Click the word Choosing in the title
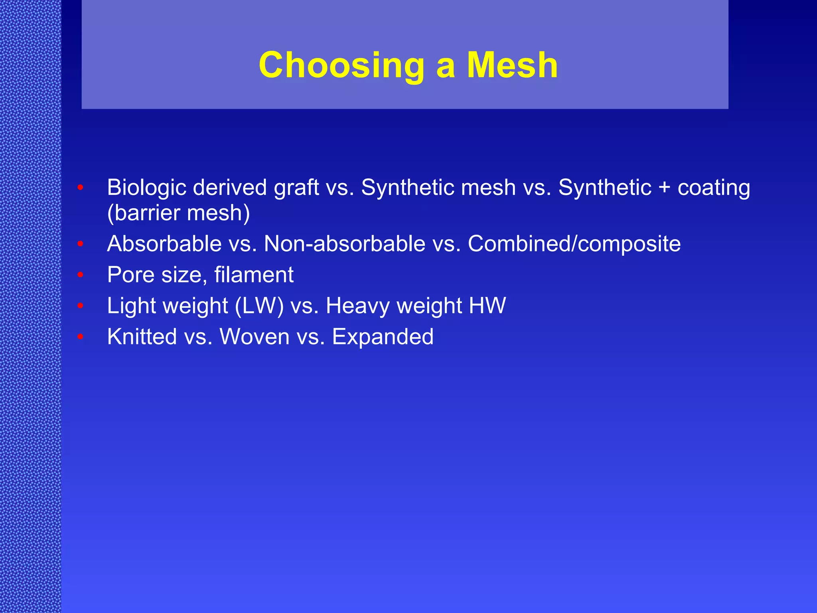pyautogui.click(x=341, y=66)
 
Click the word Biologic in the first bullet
pyautogui.click(x=146, y=188)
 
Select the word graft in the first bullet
pyautogui.click(x=296, y=188)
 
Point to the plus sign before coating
pyautogui.click(x=664, y=188)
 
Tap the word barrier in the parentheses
pyautogui.click(x=144, y=213)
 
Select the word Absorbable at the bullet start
pyautogui.click(x=164, y=243)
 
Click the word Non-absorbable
pyautogui.click(x=345, y=243)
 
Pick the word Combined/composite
pyautogui.click(x=574, y=244)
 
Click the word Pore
pyautogui.click(x=130, y=275)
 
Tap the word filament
pyautogui.click(x=254, y=275)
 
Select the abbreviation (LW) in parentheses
pyautogui.click(x=259, y=306)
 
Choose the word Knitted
pyautogui.click(x=142, y=336)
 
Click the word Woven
pyautogui.click(x=255, y=336)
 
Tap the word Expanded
pyautogui.click(x=383, y=337)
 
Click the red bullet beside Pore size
pyautogui.click(x=80, y=275)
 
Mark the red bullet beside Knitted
pyautogui.click(x=80, y=337)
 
